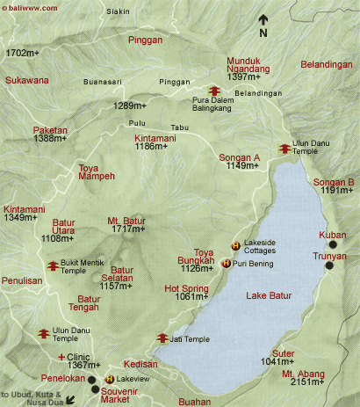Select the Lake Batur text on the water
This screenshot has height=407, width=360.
269,294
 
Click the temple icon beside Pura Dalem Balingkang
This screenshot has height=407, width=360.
213,90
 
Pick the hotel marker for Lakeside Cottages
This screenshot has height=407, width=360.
235,245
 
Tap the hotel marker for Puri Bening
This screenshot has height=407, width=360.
227,263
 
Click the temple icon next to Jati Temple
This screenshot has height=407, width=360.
162,338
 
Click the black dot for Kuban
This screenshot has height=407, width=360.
332,243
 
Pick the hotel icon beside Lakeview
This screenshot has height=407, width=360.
109,379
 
